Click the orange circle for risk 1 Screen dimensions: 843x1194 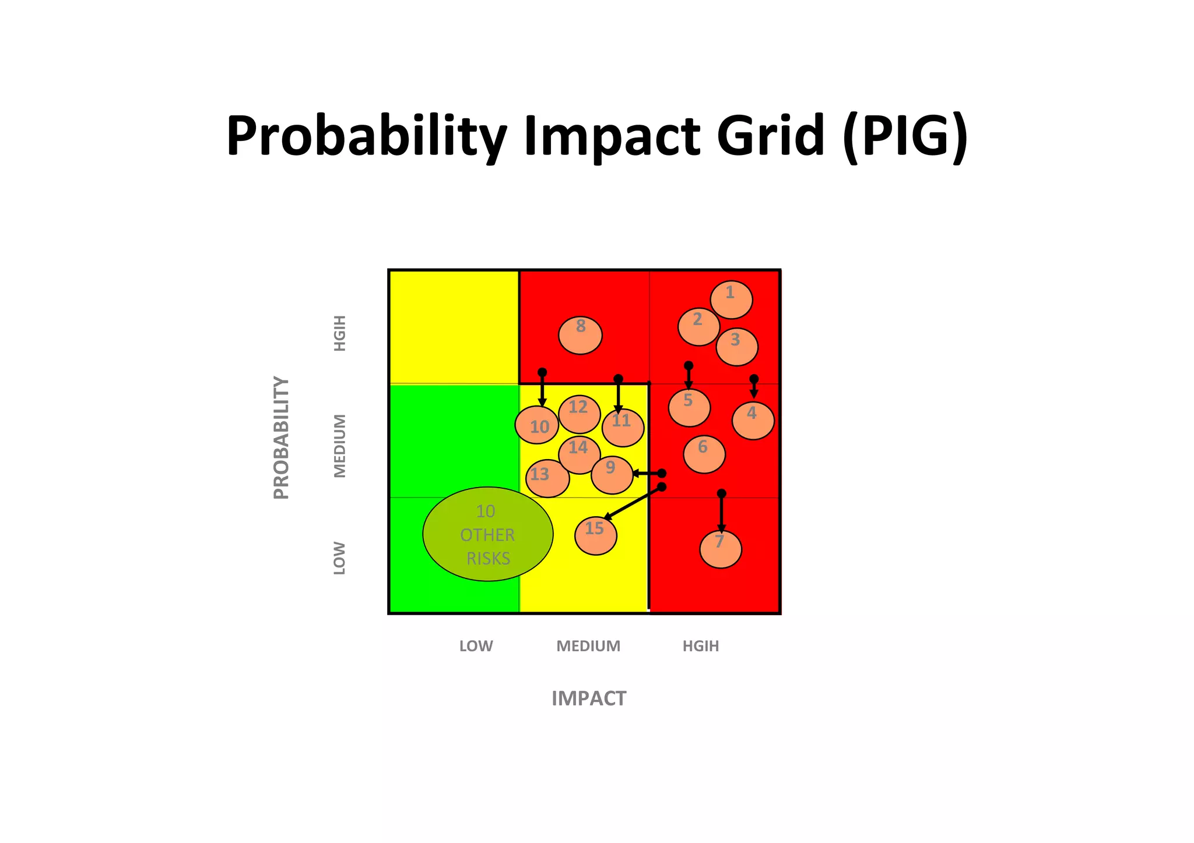point(731,299)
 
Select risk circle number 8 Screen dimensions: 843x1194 point(580,335)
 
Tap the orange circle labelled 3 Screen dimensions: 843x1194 point(737,347)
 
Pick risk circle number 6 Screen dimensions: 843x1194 point(704,454)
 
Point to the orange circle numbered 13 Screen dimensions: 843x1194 point(547,478)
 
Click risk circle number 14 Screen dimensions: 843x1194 point(579,454)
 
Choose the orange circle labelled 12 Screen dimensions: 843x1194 point(579,414)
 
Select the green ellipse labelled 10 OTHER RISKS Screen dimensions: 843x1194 point(487,534)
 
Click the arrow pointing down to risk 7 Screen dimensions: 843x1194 point(721,513)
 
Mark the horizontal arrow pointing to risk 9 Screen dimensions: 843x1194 point(647,474)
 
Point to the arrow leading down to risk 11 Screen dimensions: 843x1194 point(619,395)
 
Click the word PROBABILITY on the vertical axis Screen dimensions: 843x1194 point(281,438)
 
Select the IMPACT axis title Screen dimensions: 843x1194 point(588,698)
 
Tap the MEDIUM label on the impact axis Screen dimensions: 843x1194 point(588,646)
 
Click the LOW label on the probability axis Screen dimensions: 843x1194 point(339,558)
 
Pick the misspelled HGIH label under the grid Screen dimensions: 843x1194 point(701,646)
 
